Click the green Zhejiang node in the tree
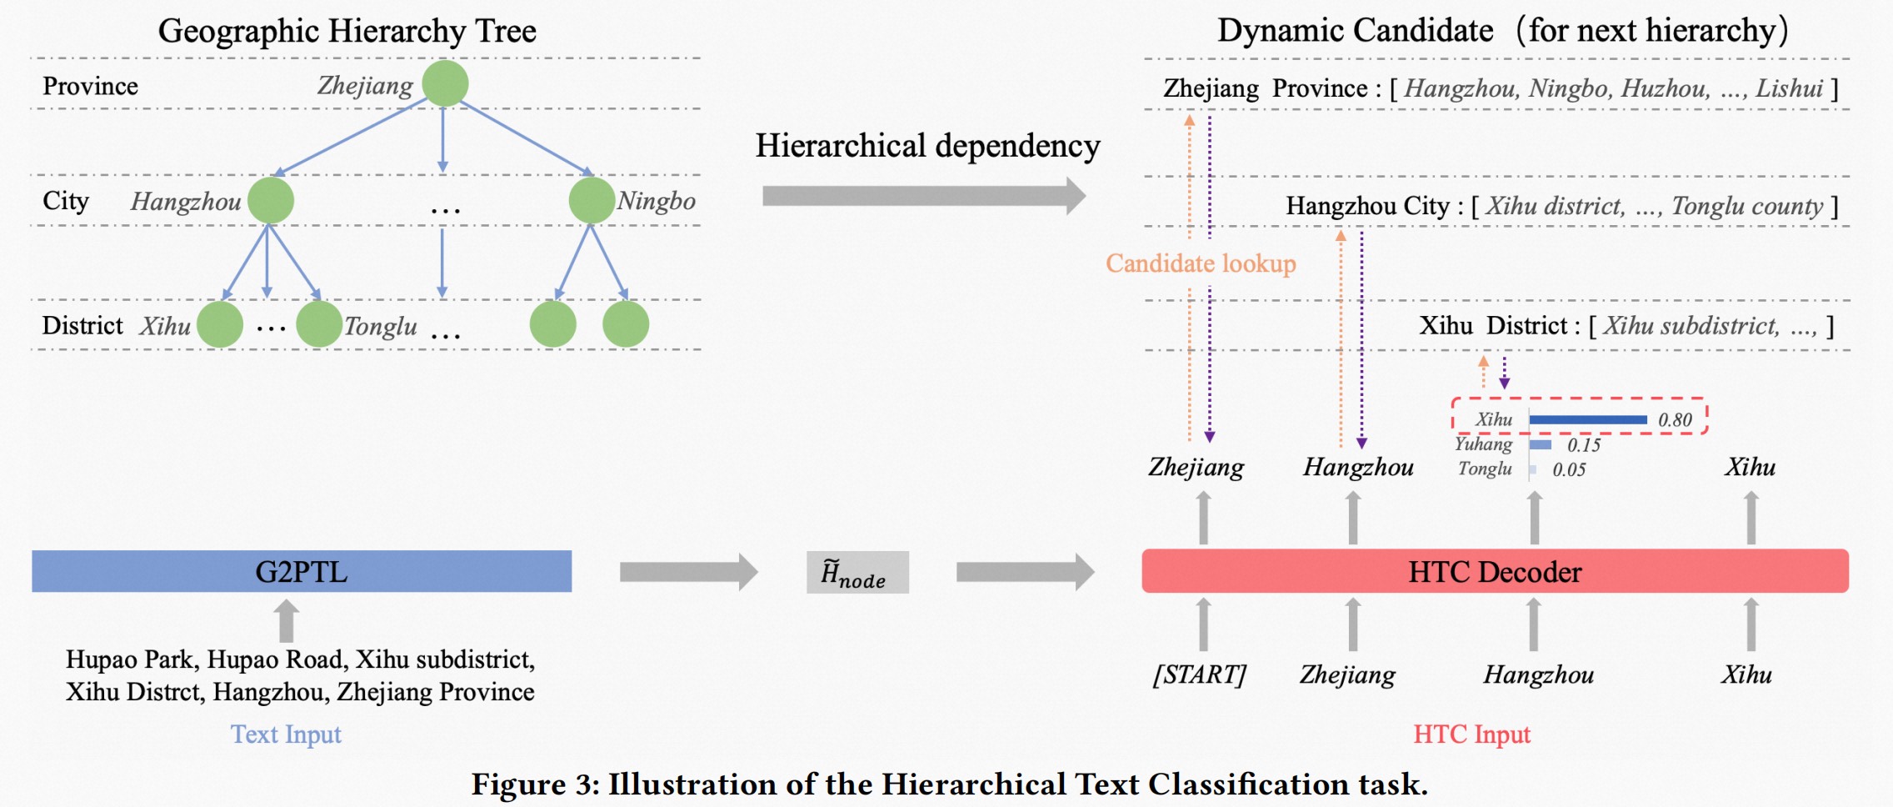click(445, 83)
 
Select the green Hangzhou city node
click(271, 201)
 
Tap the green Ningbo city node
click(592, 201)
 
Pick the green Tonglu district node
click(319, 324)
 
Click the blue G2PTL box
click(302, 572)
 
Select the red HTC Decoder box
click(1495, 572)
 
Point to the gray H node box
click(857, 573)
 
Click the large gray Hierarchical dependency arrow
click(923, 196)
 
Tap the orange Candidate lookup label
click(1201, 263)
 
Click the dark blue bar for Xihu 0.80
click(1588, 419)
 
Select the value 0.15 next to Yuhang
click(1584, 445)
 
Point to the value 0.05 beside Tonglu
click(1569, 469)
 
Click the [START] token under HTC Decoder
click(1200, 674)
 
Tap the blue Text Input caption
click(286, 734)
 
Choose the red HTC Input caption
click(1472, 734)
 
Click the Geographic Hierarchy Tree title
click(347, 32)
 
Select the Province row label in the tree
click(90, 86)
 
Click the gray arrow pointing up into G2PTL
click(286, 620)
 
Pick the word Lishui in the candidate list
click(1789, 88)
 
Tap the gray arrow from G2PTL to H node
click(688, 572)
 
